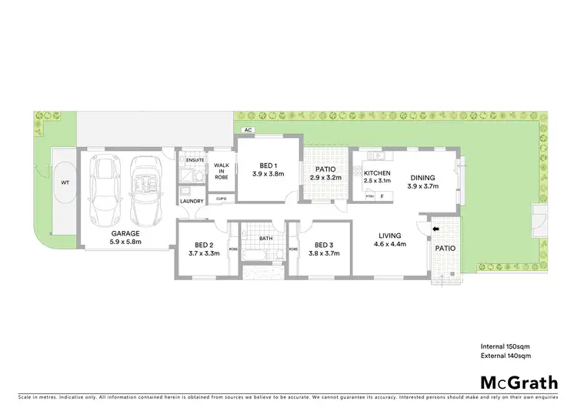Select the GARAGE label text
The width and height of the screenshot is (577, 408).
tap(125, 232)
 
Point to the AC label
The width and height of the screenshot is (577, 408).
tap(248, 131)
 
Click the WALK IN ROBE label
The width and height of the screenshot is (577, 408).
tap(222, 171)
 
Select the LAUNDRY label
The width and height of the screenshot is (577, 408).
tap(192, 202)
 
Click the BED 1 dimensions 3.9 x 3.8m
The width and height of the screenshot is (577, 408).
tap(267, 175)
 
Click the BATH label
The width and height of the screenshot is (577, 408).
tap(265, 239)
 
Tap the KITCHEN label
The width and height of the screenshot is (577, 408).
tap(378, 173)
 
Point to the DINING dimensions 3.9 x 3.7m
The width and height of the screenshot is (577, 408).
tap(422, 186)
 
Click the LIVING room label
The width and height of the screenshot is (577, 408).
tap(391, 236)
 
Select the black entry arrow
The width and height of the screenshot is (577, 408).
tap(435, 229)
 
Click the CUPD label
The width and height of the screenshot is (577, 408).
tap(222, 199)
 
